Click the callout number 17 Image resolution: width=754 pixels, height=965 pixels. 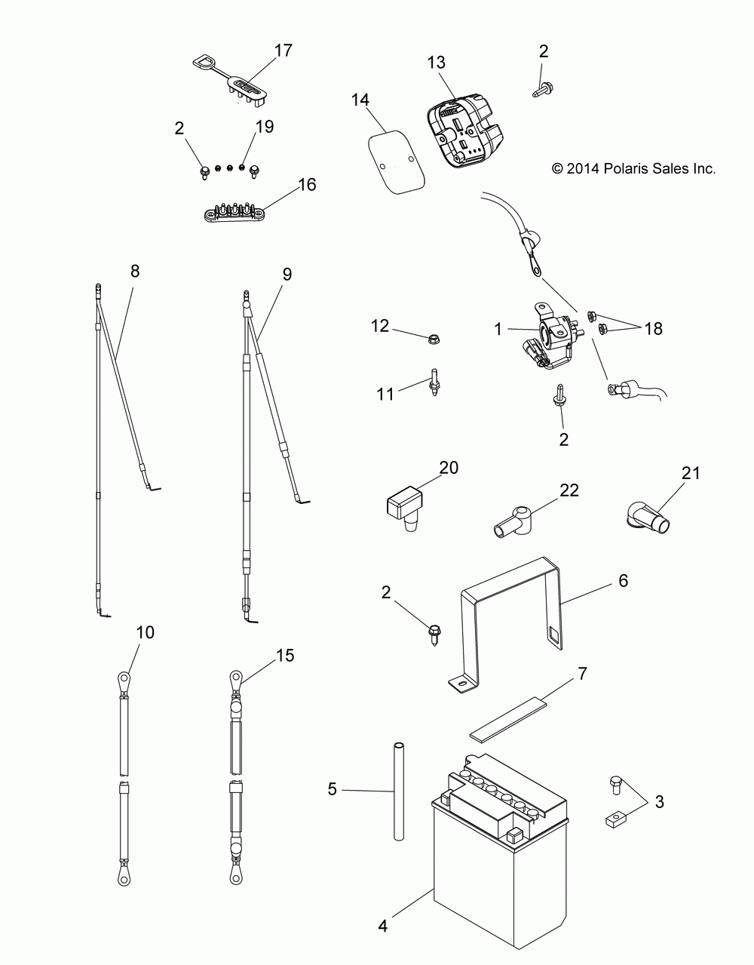click(x=284, y=51)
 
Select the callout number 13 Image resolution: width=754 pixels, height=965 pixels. click(x=437, y=62)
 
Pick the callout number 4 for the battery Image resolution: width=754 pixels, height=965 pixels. click(x=383, y=926)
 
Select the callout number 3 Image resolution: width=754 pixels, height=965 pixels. click(x=660, y=802)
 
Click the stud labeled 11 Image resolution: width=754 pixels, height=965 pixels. click(x=434, y=380)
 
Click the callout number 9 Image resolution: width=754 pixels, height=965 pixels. click(x=287, y=275)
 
